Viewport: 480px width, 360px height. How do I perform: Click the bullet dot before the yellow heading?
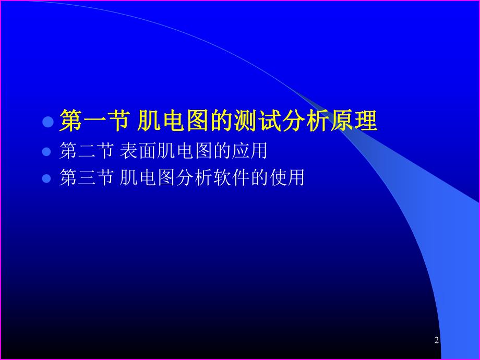tap(48, 122)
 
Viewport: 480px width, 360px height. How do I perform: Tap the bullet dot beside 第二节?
tap(47, 152)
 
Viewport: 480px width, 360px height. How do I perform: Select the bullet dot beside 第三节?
tap(47, 178)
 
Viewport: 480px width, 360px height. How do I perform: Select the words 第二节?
tap(87, 151)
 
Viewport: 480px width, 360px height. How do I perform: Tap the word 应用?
tap(250, 151)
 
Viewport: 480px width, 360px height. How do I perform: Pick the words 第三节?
tap(87, 178)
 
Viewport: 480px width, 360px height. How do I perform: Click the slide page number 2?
tap(436, 341)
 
